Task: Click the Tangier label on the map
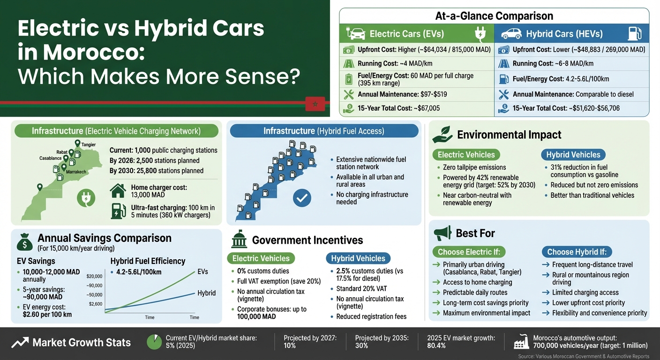coord(88,145)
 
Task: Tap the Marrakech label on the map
coord(75,172)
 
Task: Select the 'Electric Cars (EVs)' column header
coord(406,34)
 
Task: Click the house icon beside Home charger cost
coord(118,191)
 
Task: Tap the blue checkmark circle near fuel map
coord(302,198)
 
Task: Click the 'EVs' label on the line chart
coord(202,271)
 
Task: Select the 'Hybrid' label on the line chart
coord(206,293)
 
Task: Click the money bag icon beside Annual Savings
coord(24,242)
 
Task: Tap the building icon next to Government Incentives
coord(239,240)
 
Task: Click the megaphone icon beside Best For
coord(442,233)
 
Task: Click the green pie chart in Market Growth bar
coord(155,342)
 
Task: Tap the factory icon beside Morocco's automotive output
coord(521,342)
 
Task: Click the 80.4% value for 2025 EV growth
coord(436,345)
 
